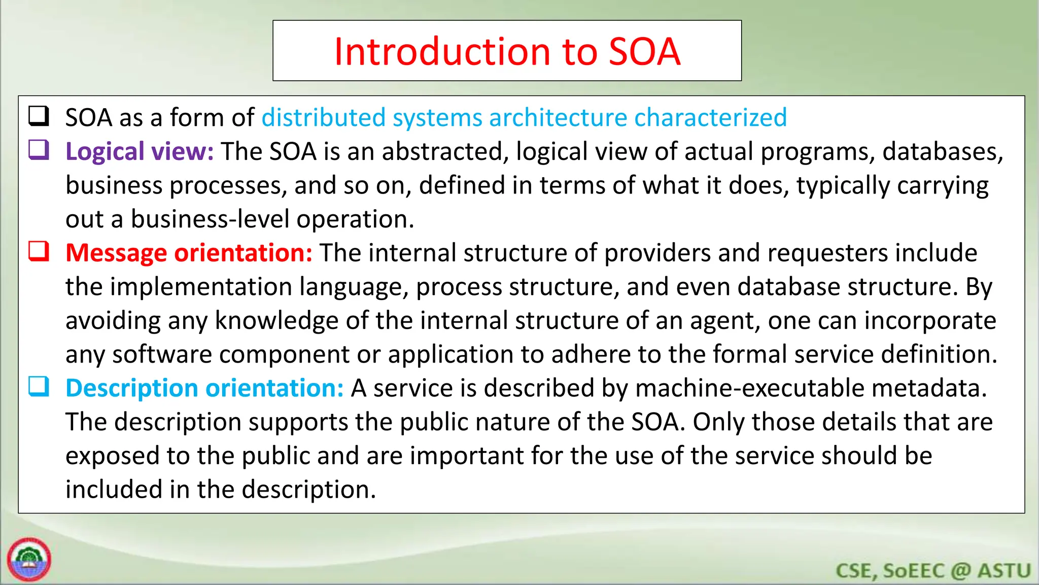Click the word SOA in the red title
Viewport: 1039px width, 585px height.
(644, 52)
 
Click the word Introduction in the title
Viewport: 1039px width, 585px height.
(441, 52)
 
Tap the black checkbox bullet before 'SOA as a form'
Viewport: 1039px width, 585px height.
(39, 116)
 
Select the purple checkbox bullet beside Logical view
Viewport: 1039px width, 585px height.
(39, 150)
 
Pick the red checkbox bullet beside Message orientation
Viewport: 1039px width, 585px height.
(39, 251)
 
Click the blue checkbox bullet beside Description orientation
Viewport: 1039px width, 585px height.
(39, 387)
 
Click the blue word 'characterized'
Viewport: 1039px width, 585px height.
(710, 118)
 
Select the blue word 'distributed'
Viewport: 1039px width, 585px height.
(324, 118)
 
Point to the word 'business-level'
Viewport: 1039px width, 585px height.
(210, 219)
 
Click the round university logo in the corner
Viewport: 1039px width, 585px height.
(29, 560)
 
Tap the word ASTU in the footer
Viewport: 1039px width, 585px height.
(1004, 571)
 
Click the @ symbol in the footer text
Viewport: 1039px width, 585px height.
(961, 571)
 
